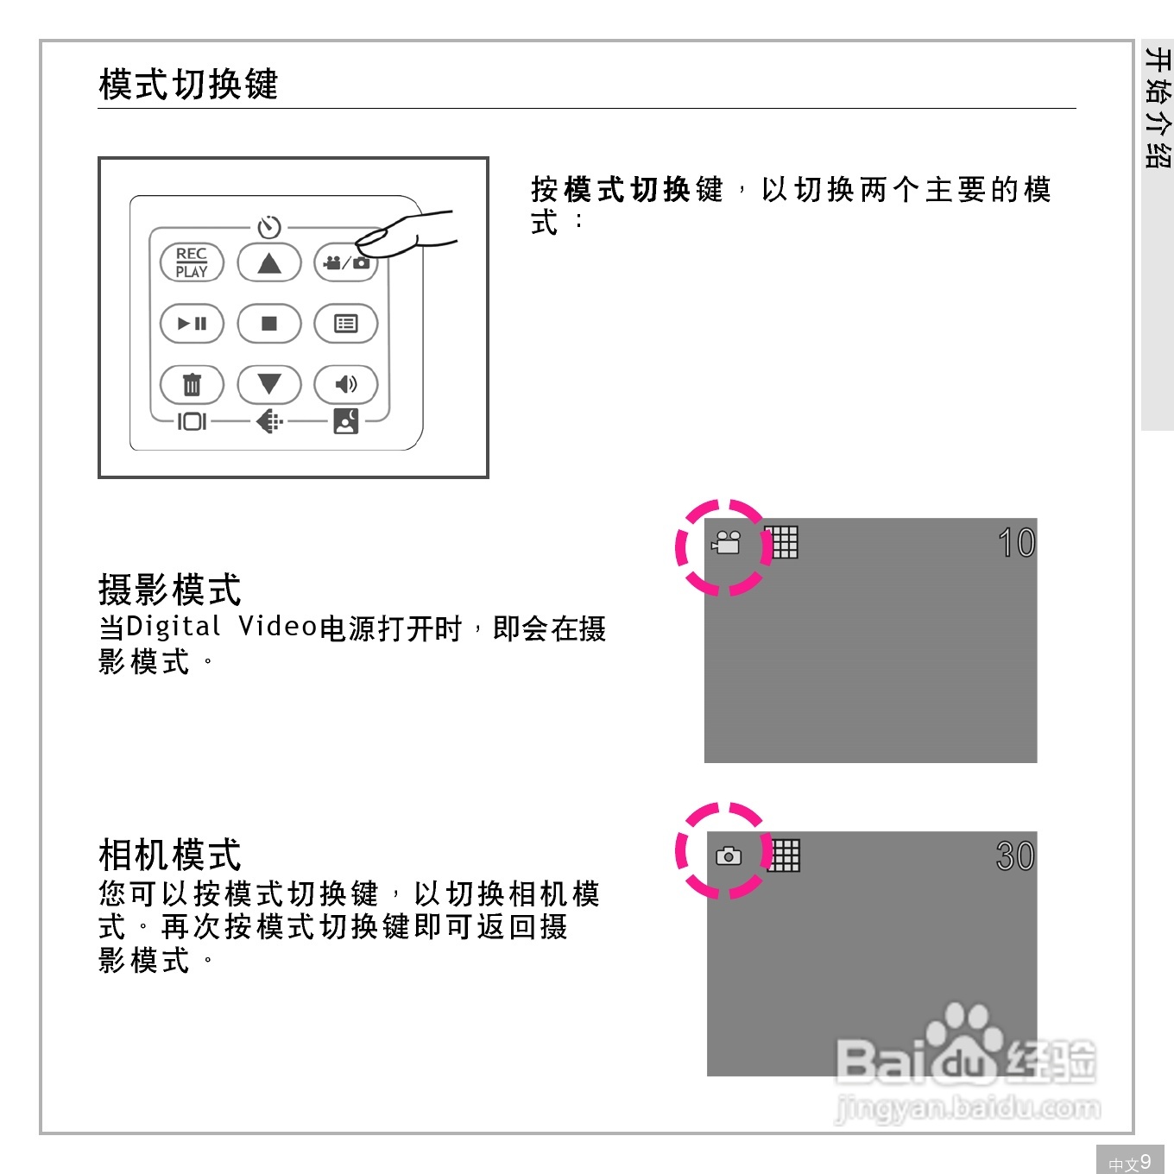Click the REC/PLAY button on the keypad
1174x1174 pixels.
coord(192,262)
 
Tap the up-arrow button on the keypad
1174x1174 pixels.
coord(269,262)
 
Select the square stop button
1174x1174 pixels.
coord(269,324)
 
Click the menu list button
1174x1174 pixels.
coord(346,324)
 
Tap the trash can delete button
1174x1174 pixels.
coord(192,385)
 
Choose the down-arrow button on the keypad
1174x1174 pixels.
coord(269,384)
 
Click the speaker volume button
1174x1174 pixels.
coord(346,385)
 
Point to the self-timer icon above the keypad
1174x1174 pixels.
coord(269,227)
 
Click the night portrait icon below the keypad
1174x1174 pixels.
coord(346,421)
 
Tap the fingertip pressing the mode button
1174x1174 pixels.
coord(376,239)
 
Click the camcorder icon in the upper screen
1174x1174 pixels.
coord(727,543)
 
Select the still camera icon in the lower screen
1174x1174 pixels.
coord(729,856)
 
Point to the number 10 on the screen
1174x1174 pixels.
coord(1016,543)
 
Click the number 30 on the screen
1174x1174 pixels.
coord(1015,856)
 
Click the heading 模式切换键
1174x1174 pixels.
coord(188,85)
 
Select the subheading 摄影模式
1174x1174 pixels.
coord(170,590)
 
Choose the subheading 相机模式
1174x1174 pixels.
coord(170,855)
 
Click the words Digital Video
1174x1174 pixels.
coord(222,627)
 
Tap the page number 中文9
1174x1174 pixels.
coord(1130,1162)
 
